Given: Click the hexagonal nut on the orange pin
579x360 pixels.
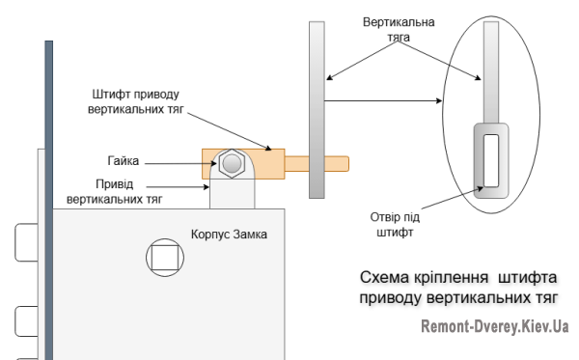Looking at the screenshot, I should click(x=231, y=163).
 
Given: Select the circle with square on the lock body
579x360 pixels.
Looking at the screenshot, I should click(x=163, y=257).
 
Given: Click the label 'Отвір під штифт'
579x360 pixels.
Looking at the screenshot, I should click(x=394, y=224).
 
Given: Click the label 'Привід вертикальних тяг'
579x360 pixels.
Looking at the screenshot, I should click(x=114, y=191).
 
